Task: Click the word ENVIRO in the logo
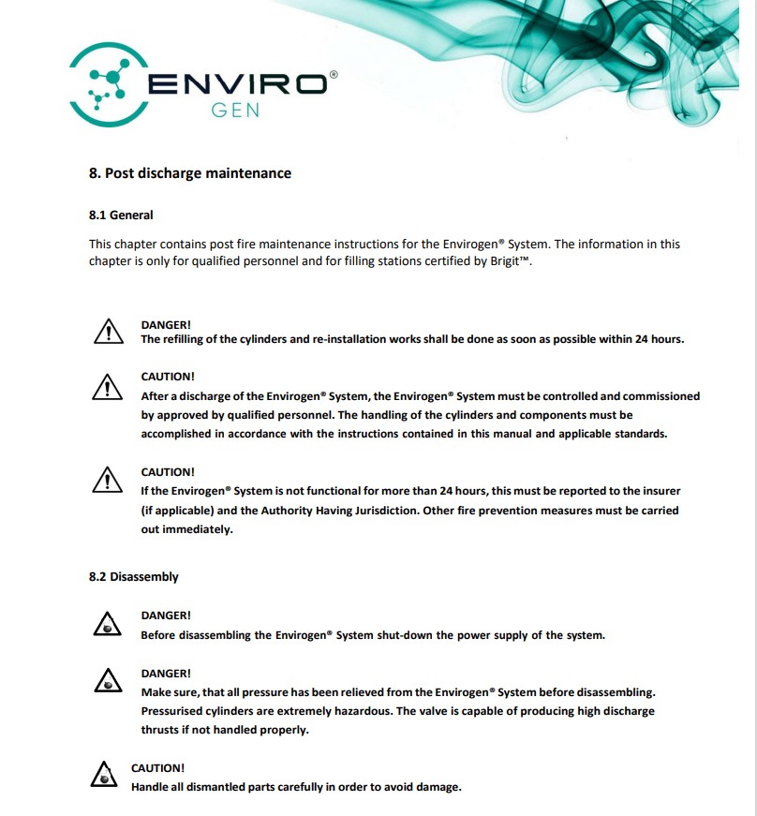point(237,84)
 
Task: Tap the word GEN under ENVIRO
point(234,109)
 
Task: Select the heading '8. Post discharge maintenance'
point(190,173)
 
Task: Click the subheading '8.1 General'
point(121,215)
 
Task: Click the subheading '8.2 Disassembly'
point(134,576)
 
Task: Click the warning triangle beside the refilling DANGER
point(109,331)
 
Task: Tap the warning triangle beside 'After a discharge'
point(109,386)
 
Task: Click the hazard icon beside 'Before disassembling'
point(109,625)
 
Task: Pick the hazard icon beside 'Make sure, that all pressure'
point(109,682)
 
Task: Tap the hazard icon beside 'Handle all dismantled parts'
point(103,775)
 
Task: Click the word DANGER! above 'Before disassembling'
point(166,616)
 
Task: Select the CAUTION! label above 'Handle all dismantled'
point(157,768)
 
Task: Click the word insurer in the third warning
point(660,491)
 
